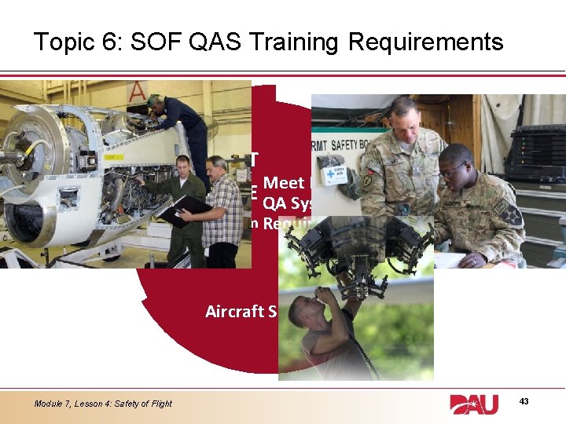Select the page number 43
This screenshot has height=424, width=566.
point(524,401)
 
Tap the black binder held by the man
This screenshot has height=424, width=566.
point(182,211)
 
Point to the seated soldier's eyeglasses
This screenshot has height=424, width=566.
point(454,170)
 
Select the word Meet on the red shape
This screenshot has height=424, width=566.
point(284,183)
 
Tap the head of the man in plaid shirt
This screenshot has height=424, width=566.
point(215,166)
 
